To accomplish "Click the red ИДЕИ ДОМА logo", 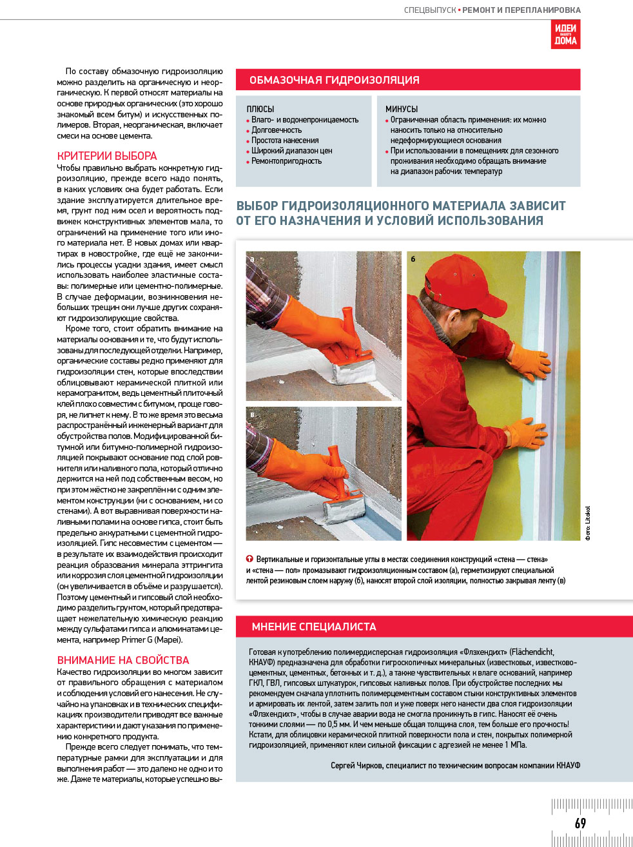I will tap(565, 34).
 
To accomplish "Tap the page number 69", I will tap(580, 823).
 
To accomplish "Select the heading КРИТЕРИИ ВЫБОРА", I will tap(107, 156).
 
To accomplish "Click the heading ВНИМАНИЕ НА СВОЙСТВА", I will tap(123, 660).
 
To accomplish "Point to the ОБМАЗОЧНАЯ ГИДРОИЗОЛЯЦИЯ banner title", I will tap(334, 80).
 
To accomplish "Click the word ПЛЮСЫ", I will tap(260, 109).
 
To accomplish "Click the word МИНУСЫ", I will tap(402, 109).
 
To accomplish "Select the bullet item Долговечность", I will tap(277, 130).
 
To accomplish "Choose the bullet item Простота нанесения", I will tap(285, 141).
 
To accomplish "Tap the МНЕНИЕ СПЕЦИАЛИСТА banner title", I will tap(314, 627).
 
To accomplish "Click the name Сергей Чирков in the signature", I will tap(356, 765).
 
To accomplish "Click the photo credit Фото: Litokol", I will tap(587, 523).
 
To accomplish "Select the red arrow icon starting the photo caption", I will tap(249, 559).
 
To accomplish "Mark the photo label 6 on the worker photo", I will tap(413, 259).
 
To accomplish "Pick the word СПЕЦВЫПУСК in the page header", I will tap(430, 10).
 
